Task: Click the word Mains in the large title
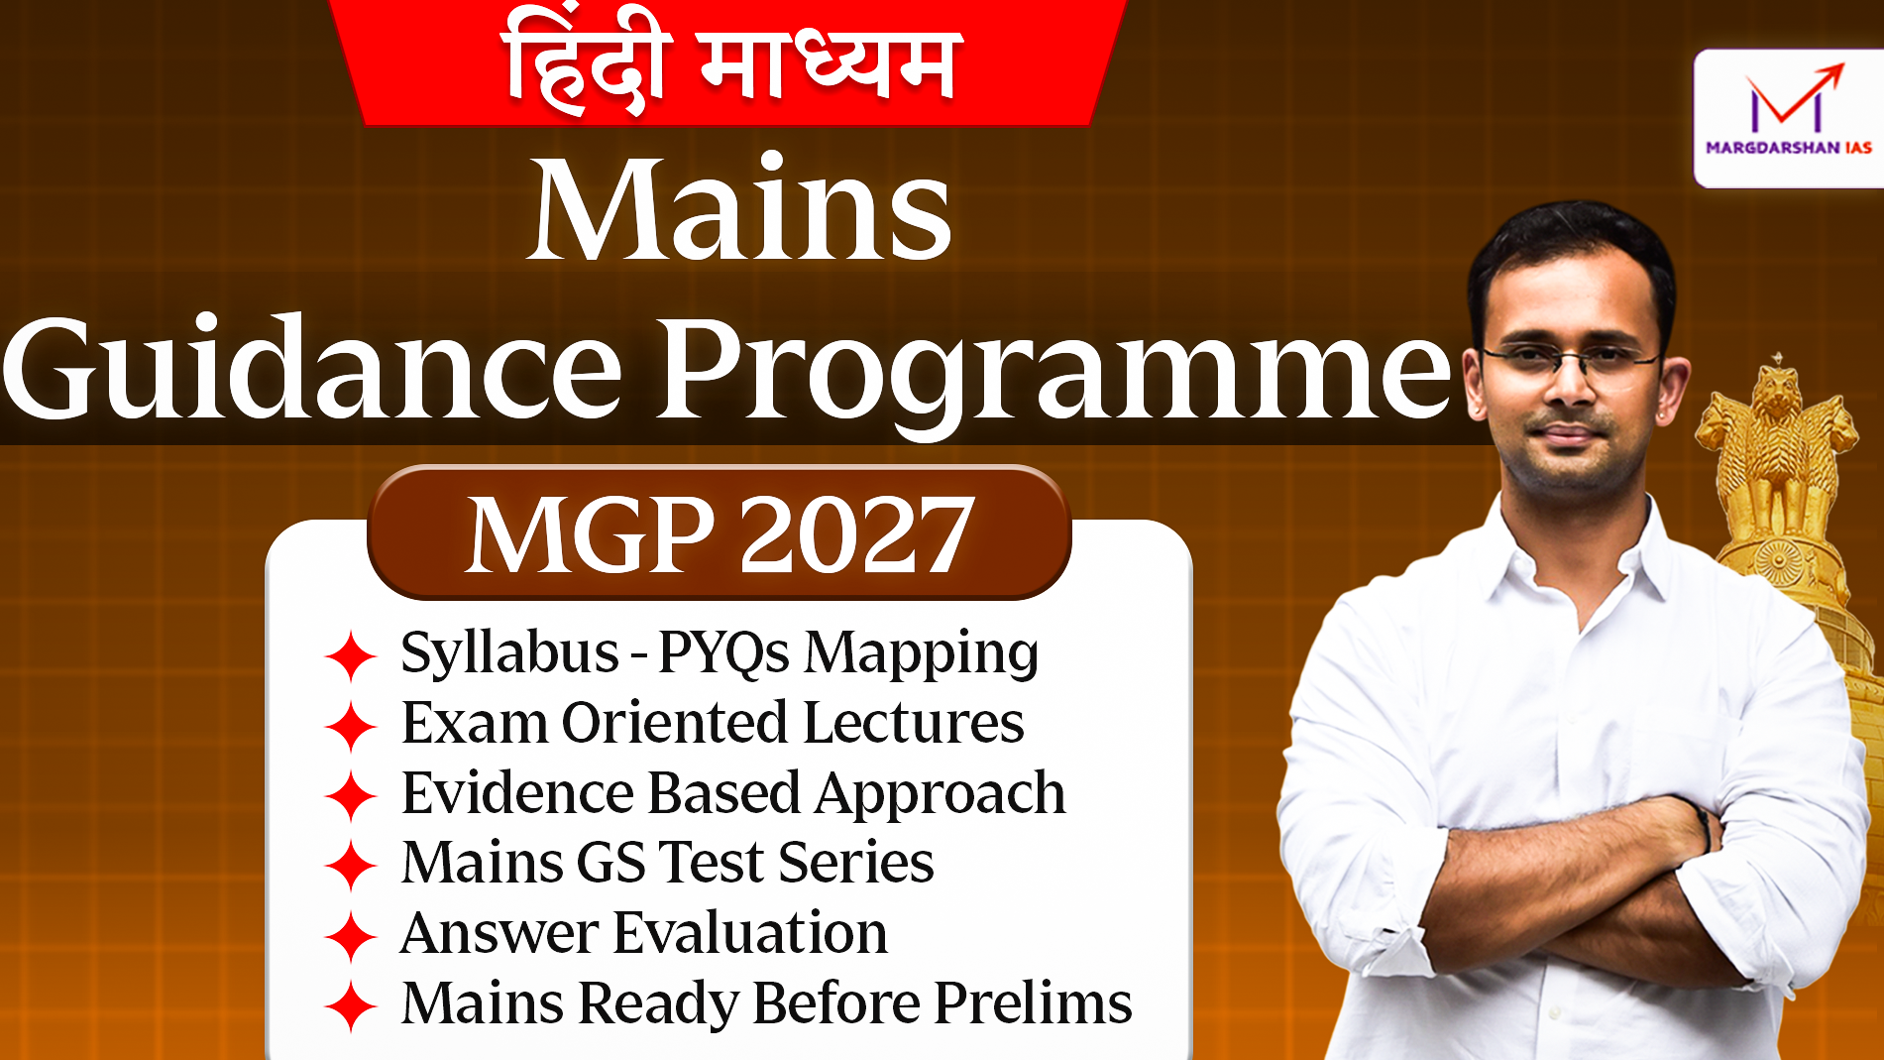[739, 210]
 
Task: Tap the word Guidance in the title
[313, 368]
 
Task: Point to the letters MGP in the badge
[591, 535]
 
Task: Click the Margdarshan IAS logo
[1788, 117]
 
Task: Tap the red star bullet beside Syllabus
[350, 655]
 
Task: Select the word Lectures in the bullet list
[913, 722]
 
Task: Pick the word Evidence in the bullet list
[516, 792]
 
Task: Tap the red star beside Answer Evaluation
[350, 935]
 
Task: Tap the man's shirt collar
[1576, 546]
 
